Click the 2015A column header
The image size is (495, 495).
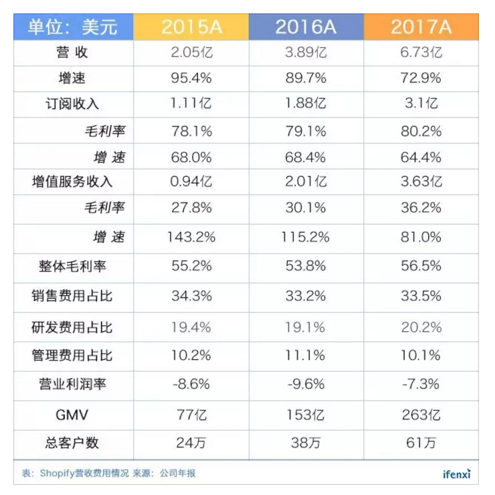coord(191,27)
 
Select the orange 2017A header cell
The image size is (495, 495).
coord(421,27)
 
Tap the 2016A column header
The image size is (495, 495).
coord(306,27)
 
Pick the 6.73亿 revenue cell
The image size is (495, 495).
coord(421,53)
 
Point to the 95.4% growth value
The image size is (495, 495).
coord(191,78)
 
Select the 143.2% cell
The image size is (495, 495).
coord(191,237)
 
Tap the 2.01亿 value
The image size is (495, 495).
coord(306,181)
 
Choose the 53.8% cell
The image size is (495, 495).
coord(306,266)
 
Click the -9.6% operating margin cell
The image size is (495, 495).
coord(306,384)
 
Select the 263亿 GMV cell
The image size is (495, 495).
coord(421,415)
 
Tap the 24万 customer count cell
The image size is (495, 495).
coord(191,443)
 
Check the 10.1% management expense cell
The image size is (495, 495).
coord(421,355)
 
